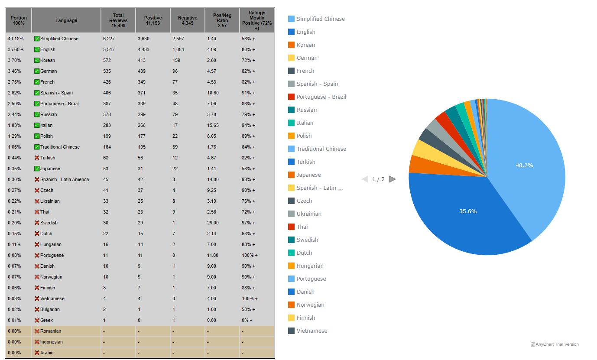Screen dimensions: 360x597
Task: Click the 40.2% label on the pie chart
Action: coord(524,165)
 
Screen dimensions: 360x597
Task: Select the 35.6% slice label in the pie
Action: coord(468,211)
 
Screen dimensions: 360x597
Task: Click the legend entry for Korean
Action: coord(305,45)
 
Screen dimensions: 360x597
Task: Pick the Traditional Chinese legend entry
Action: coord(321,149)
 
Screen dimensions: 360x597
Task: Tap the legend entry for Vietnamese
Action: coord(311,331)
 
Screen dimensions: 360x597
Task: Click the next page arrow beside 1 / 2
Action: coord(393,179)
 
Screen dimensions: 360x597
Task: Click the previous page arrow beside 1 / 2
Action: coord(365,179)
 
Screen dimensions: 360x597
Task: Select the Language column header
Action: coord(66,20)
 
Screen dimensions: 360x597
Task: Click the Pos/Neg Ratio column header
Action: coord(222,20)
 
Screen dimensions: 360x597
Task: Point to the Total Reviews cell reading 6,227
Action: coord(109,39)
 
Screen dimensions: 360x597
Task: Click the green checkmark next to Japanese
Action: coord(37,169)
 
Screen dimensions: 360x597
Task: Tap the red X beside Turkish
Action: coord(37,158)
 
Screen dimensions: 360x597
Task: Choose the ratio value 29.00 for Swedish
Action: coord(213,223)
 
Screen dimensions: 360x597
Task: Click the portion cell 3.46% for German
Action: coord(14,71)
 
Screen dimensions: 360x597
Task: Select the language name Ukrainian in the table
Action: coord(50,201)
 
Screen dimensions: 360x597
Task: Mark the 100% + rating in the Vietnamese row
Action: coord(250,298)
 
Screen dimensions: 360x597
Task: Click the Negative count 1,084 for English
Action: coord(178,49)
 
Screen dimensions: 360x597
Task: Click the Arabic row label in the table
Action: coord(47,353)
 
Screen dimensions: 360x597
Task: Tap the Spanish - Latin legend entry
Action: coord(320,188)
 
